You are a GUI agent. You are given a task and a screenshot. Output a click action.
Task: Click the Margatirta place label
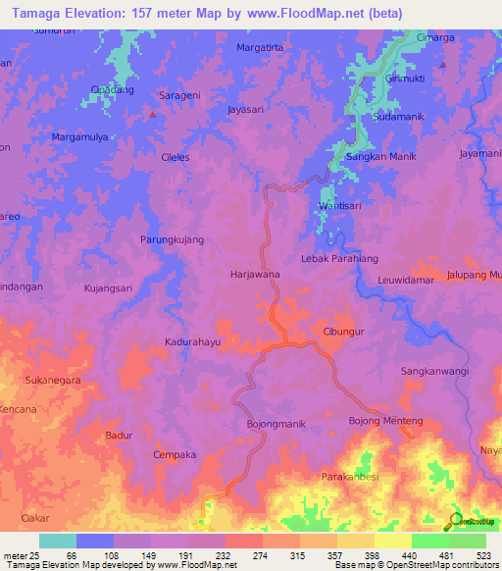[262, 47]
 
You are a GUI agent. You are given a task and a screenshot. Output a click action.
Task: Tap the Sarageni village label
[179, 97]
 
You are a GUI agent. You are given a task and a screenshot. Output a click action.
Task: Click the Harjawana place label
[255, 276]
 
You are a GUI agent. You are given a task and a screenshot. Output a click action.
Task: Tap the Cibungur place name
[344, 332]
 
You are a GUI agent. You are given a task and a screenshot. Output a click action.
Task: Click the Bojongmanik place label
[276, 424]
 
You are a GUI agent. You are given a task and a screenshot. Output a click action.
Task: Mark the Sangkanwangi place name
[435, 372]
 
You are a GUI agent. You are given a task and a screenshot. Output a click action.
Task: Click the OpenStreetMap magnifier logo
[453, 521]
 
